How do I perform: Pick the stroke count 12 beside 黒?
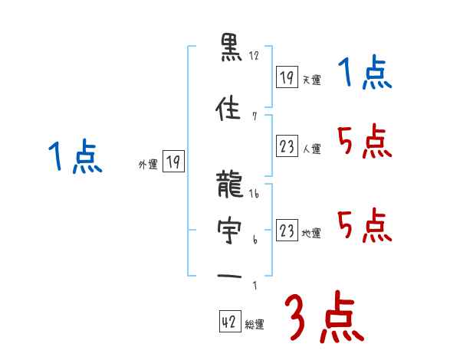tap(255, 56)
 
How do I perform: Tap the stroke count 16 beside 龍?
tap(255, 195)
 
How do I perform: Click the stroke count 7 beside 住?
tap(254, 116)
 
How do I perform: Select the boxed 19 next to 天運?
tap(287, 77)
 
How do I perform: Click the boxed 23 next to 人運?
tap(287, 147)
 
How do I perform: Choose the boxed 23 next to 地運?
tap(287, 231)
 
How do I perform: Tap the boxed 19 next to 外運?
tap(173, 162)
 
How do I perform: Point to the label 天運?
tap(311, 80)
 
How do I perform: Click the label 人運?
tap(311, 149)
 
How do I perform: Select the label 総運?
tap(255, 325)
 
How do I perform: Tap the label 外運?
tap(148, 164)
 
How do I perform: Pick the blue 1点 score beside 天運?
tap(365, 75)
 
